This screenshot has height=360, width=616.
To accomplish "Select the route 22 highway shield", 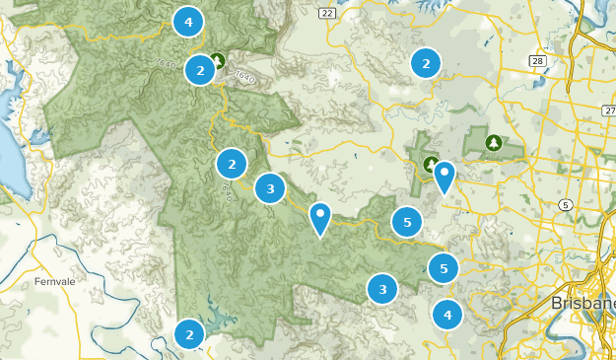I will point(327,12).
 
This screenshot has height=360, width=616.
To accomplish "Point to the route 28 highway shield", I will point(537,61).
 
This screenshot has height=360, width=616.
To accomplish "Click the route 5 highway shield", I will point(565,204).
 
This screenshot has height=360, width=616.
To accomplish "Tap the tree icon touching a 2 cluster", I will point(218,61).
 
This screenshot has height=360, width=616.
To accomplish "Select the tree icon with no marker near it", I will point(492,143).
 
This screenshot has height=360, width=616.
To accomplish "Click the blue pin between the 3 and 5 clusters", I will point(320,218).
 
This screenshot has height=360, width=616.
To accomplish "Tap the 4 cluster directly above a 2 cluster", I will point(187,20).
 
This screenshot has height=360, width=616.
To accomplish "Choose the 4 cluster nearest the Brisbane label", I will point(447,315).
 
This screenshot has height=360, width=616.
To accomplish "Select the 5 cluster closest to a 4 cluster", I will point(444,267).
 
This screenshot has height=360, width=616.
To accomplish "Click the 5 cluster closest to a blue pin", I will point(407,222).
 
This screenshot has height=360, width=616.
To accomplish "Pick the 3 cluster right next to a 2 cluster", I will point(270,187).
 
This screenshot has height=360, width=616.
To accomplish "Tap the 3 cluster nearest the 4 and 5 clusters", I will point(382,289).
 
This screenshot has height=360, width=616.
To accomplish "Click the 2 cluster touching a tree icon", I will point(200,70).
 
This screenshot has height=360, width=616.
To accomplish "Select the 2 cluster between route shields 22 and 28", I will point(426,63).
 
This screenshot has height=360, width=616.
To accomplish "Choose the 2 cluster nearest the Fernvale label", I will point(189,334).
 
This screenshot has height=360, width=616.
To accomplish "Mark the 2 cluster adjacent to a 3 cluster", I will point(232,164).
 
